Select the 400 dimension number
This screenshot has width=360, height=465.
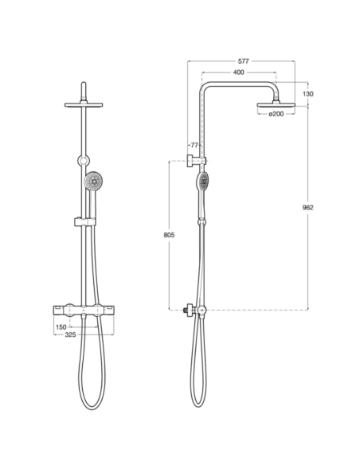238,72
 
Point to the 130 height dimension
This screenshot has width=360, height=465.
308,94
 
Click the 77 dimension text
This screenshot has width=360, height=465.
194,146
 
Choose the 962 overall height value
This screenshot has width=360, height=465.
308,208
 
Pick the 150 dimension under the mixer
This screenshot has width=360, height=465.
61,327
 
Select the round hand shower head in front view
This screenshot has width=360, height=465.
94,182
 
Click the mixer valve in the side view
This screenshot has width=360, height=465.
198,309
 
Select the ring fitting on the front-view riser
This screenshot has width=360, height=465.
84,162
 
